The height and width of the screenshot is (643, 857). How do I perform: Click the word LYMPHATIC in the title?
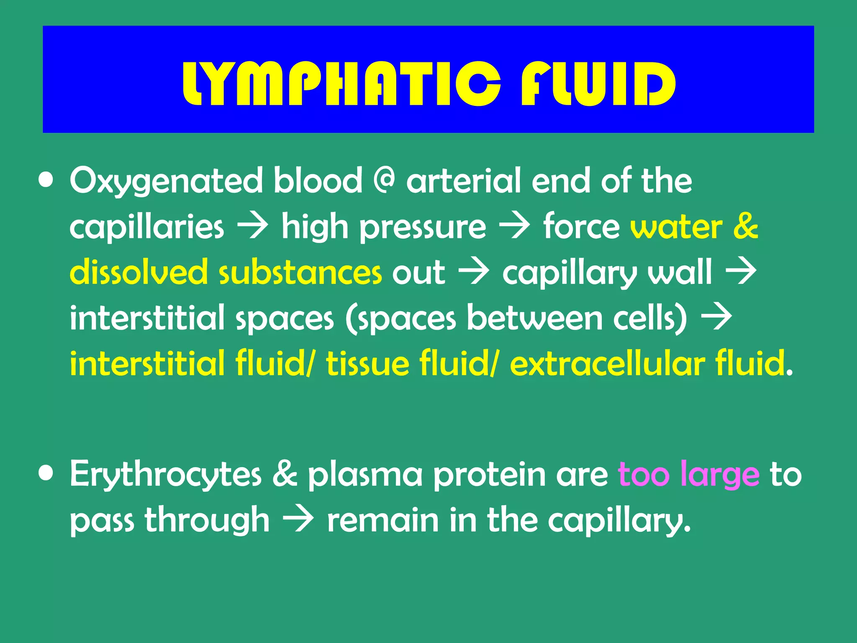click(x=341, y=84)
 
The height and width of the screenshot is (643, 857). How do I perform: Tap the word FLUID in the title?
click(x=598, y=84)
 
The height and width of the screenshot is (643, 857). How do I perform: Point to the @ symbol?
click(x=384, y=181)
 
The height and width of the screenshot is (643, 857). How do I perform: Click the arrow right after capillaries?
click(x=252, y=227)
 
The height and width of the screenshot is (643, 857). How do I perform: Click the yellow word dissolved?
click(x=138, y=272)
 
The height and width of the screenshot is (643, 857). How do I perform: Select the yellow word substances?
click(x=300, y=272)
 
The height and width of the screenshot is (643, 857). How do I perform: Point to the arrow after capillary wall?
click(x=741, y=272)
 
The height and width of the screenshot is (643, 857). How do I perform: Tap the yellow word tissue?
click(x=367, y=363)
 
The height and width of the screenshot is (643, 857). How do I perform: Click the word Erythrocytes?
click(x=166, y=475)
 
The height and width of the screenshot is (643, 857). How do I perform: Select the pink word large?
click(x=719, y=475)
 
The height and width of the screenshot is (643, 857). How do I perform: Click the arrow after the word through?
click(x=298, y=520)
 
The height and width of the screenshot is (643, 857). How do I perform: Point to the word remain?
click(x=383, y=520)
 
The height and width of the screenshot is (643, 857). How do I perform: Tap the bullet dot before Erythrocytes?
click(x=46, y=473)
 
